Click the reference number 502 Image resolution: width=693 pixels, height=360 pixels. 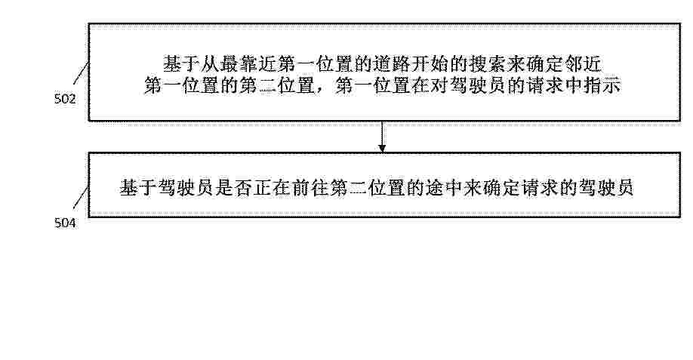[x=65, y=99]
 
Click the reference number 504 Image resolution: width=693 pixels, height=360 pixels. [x=65, y=223]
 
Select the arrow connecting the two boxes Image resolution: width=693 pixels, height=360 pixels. [x=382, y=137]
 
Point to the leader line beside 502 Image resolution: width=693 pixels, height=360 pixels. [x=82, y=72]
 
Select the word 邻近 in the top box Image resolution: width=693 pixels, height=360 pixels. [x=583, y=64]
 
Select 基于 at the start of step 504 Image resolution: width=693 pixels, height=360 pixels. [x=138, y=188]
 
